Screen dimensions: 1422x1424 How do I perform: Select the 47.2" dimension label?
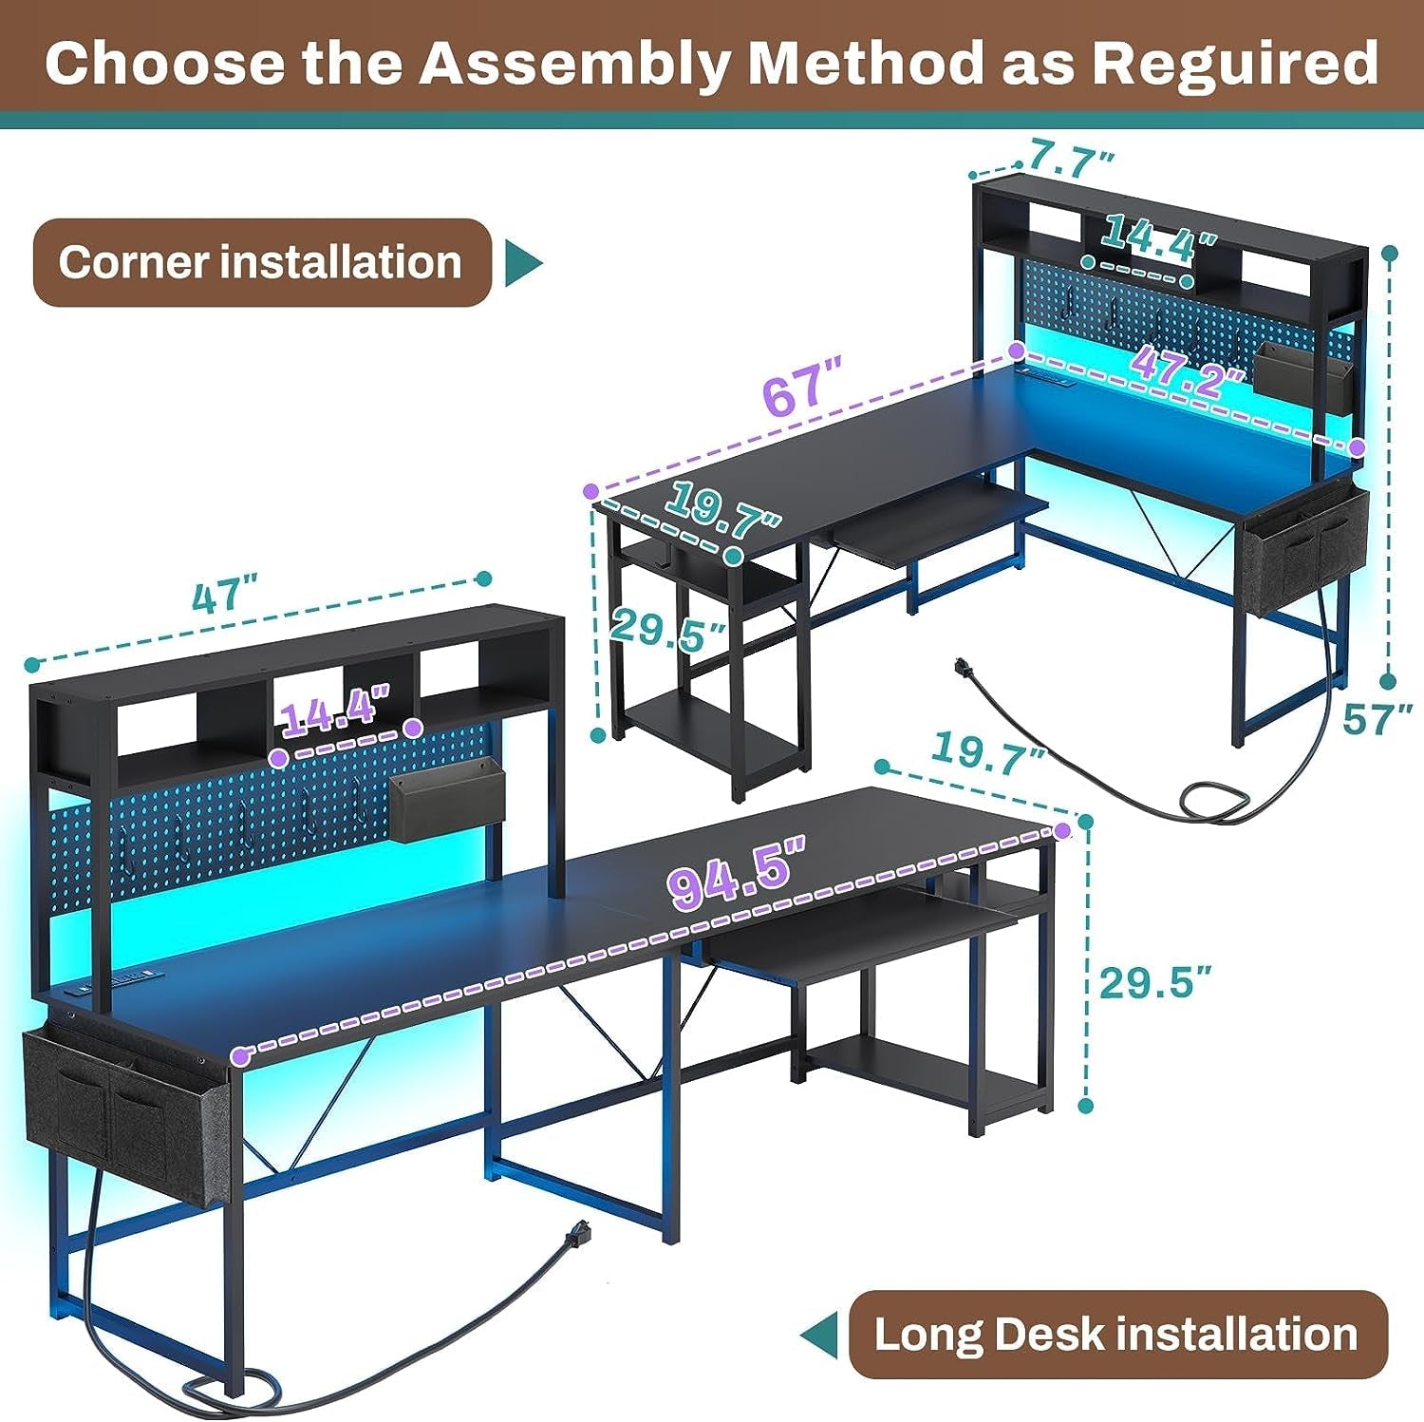point(1188,364)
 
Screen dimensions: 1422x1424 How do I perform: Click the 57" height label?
point(1377,719)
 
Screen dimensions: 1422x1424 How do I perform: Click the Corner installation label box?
point(261,263)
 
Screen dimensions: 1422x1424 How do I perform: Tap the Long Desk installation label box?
point(1116,1334)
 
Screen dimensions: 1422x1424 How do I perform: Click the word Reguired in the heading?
point(1234,63)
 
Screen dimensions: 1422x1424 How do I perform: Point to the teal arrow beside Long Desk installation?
point(818,1335)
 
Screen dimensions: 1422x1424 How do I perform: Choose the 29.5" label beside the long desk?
point(1155,981)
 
